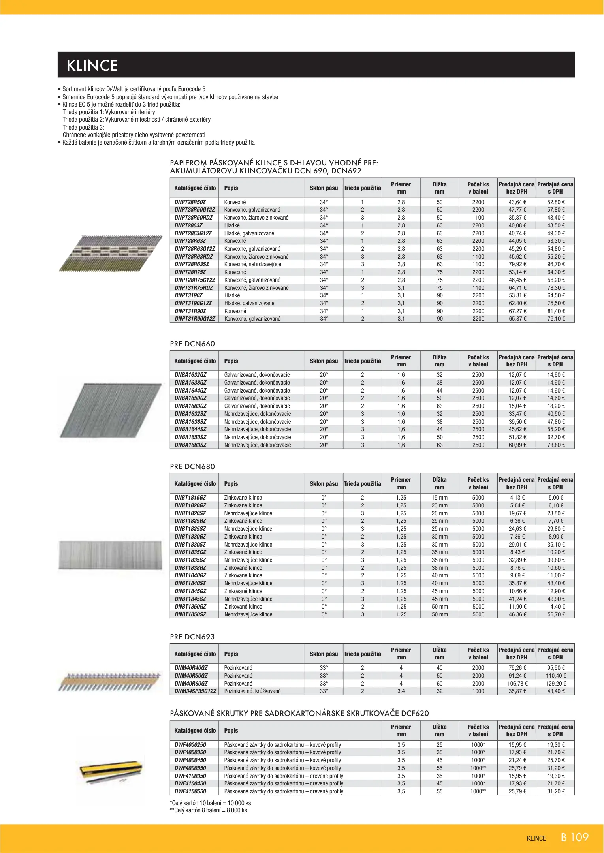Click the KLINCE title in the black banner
point(92,66)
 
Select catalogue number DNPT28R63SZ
point(192,264)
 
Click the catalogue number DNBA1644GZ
point(190,390)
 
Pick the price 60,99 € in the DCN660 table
point(517,445)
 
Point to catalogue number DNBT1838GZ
point(190,567)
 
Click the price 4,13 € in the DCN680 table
point(517,498)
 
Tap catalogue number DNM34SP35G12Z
point(195,691)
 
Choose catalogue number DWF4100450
point(190,783)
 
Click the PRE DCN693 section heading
point(192,637)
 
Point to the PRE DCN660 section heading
point(192,344)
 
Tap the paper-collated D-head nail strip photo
point(111,254)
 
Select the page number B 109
point(574,837)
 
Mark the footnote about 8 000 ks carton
point(209,810)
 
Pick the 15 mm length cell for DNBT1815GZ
point(439,498)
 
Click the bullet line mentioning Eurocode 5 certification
point(134,89)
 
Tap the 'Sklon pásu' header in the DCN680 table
point(324,483)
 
